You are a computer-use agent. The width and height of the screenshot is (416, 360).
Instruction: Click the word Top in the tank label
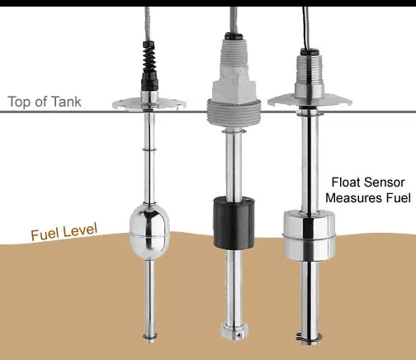[x=21, y=103]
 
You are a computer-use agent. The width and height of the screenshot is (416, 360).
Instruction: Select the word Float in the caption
[x=347, y=182]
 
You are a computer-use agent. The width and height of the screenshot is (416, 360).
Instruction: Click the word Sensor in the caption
[x=388, y=182]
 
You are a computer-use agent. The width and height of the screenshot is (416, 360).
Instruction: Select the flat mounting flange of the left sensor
[x=149, y=104]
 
